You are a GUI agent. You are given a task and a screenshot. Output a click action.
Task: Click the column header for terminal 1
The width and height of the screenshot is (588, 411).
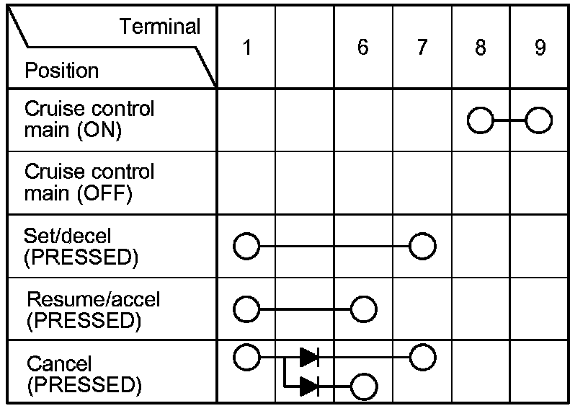[246, 48]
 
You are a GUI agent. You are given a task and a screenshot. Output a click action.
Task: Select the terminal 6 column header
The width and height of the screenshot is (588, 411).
[362, 48]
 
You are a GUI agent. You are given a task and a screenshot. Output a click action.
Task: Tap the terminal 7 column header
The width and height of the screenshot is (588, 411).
[422, 48]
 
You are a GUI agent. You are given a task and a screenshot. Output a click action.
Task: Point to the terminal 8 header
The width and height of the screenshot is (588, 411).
[481, 48]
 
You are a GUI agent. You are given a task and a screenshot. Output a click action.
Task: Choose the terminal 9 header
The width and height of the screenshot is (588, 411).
[540, 48]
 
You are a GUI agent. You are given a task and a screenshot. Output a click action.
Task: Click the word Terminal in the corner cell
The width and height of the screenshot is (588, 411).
[160, 27]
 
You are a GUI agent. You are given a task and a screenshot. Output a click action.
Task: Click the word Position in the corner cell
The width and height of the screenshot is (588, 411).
[61, 71]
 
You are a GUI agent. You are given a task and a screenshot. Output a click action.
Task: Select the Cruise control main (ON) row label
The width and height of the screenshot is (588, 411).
[89, 120]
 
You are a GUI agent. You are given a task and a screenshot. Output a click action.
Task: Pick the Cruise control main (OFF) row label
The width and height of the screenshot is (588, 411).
[89, 183]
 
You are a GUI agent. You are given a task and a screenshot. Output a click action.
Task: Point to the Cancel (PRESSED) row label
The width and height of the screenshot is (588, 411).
[81, 374]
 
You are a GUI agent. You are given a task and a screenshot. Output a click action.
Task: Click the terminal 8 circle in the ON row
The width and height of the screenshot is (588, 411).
[481, 120]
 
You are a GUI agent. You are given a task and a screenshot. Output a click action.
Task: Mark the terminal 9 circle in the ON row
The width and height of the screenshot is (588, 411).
[539, 120]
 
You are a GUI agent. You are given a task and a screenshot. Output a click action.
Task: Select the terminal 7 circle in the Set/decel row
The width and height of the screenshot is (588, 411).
[422, 247]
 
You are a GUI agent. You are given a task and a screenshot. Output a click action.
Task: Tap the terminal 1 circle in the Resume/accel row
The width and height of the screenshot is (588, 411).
[246, 309]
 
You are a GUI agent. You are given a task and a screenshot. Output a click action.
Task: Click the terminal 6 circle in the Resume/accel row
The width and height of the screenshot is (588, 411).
[363, 309]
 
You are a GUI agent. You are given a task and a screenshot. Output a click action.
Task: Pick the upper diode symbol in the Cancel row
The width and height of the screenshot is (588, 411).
[309, 356]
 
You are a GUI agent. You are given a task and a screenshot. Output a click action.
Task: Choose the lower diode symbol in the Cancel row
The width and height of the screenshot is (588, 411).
[309, 386]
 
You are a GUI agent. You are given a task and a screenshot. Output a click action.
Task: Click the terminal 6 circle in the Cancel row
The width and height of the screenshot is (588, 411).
[363, 386]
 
